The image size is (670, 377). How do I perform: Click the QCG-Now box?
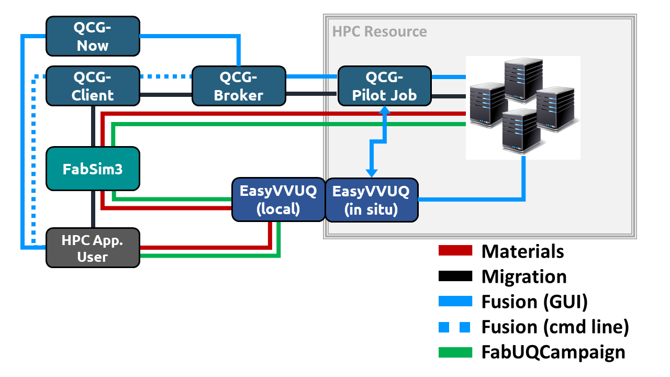93,36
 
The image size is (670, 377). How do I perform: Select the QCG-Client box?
93,85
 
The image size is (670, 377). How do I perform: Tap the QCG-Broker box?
239,85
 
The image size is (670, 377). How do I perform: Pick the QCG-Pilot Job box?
385,85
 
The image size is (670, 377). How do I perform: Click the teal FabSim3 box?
93,169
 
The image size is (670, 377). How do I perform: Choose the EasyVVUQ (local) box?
278,199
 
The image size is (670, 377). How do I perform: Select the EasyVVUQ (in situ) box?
372,199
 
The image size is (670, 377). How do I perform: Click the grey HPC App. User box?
93,248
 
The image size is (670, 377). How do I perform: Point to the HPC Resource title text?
379,31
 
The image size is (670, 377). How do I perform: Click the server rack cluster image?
523,107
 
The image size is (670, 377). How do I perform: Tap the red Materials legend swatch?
455,251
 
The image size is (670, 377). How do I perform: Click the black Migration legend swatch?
455,276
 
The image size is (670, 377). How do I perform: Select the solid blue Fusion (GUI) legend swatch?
455,301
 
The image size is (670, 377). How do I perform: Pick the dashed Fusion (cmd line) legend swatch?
455,327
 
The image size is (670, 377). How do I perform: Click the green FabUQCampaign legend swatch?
455,352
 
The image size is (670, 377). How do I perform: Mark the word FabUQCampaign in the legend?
553,352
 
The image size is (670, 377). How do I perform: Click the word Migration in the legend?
524,276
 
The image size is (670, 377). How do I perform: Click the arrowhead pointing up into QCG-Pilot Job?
385,110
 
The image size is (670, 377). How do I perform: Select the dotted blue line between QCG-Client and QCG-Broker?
166,76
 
